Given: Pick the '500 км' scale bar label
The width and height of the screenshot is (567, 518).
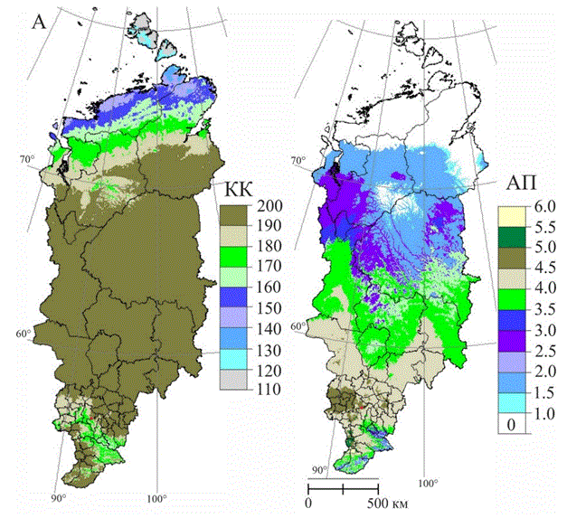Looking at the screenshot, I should [x=387, y=503].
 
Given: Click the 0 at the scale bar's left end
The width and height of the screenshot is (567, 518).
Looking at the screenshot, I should [x=309, y=503].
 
